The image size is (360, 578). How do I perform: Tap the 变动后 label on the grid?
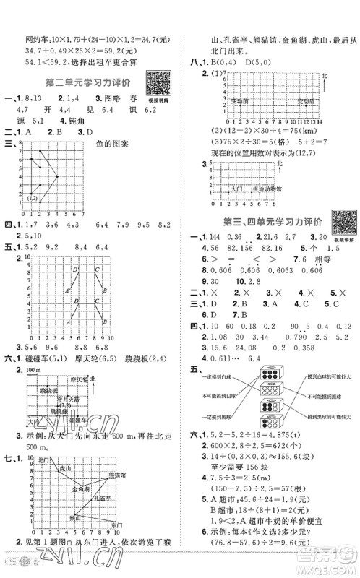tap(307, 101)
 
